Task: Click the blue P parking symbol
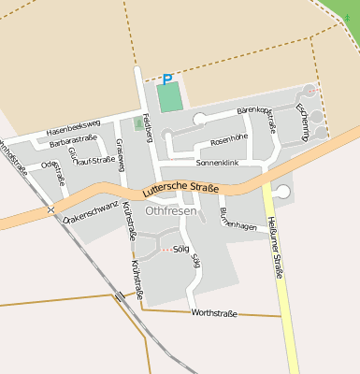point(167,80)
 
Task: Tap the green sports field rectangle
point(169,96)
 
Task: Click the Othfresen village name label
point(171,210)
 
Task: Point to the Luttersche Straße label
point(181,191)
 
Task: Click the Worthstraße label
point(213,312)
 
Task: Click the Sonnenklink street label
point(218,163)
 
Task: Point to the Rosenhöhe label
point(229,139)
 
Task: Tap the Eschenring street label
point(302,122)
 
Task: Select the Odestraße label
point(51,169)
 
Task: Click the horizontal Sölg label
point(181,250)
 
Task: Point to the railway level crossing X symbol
point(50,209)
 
